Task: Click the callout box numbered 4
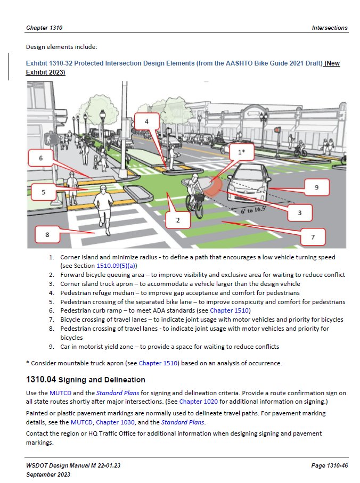(146, 121)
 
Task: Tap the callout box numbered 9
(316, 187)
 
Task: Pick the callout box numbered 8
(47, 234)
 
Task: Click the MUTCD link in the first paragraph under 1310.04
(60, 393)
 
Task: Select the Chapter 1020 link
(195, 401)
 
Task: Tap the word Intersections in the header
(329, 28)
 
